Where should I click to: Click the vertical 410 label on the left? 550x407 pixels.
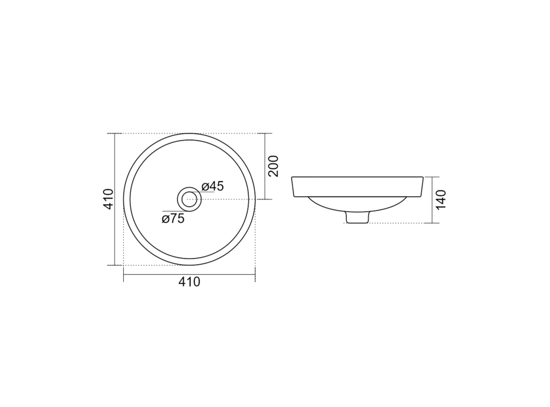pyautogui.click(x=107, y=199)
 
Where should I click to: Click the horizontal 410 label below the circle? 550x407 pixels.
pyautogui.click(x=190, y=283)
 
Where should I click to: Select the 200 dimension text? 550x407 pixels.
pyautogui.click(x=273, y=167)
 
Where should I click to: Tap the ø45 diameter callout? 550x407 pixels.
pyautogui.click(x=212, y=186)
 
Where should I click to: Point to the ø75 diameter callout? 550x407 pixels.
pyautogui.click(x=173, y=218)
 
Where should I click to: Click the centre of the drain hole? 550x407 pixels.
pyautogui.click(x=190, y=199)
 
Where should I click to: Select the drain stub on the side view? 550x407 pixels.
pyautogui.click(x=356, y=218)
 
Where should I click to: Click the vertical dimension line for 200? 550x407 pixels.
pyautogui.click(x=264, y=167)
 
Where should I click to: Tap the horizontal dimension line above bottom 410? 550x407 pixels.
pyautogui.click(x=189, y=275)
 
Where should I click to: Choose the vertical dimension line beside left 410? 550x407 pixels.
pyautogui.click(x=115, y=199)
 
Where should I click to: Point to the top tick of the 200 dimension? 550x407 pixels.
pyautogui.click(x=264, y=133)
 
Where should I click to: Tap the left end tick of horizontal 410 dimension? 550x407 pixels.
pyautogui.click(x=123, y=275)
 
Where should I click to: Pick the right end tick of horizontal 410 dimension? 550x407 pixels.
pyautogui.click(x=255, y=275)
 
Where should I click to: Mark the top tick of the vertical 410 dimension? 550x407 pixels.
pyautogui.click(x=115, y=133)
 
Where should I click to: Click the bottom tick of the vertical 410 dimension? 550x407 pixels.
pyautogui.click(x=115, y=265)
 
